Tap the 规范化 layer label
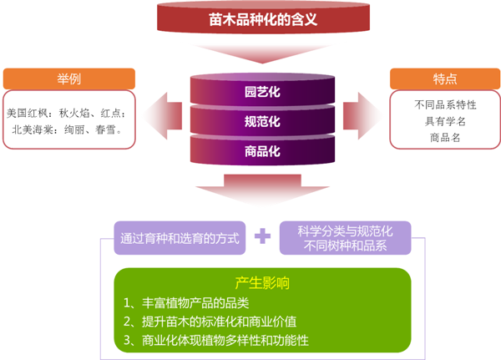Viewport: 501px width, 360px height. pyautogui.click(x=261, y=121)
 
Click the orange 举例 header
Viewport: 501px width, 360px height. pyautogui.click(x=68, y=79)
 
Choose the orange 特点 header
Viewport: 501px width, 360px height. pyautogui.click(x=444, y=79)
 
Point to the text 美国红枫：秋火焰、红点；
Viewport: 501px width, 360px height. pyautogui.click(x=65, y=112)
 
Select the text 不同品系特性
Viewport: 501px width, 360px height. pyautogui.click(x=444, y=105)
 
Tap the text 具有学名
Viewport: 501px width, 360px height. pyautogui.click(x=444, y=121)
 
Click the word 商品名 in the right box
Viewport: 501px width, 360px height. pyautogui.click(x=444, y=138)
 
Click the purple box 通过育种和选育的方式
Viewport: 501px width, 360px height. pyautogui.click(x=180, y=237)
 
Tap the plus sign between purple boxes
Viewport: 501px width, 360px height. pyautogui.click(x=262, y=236)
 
